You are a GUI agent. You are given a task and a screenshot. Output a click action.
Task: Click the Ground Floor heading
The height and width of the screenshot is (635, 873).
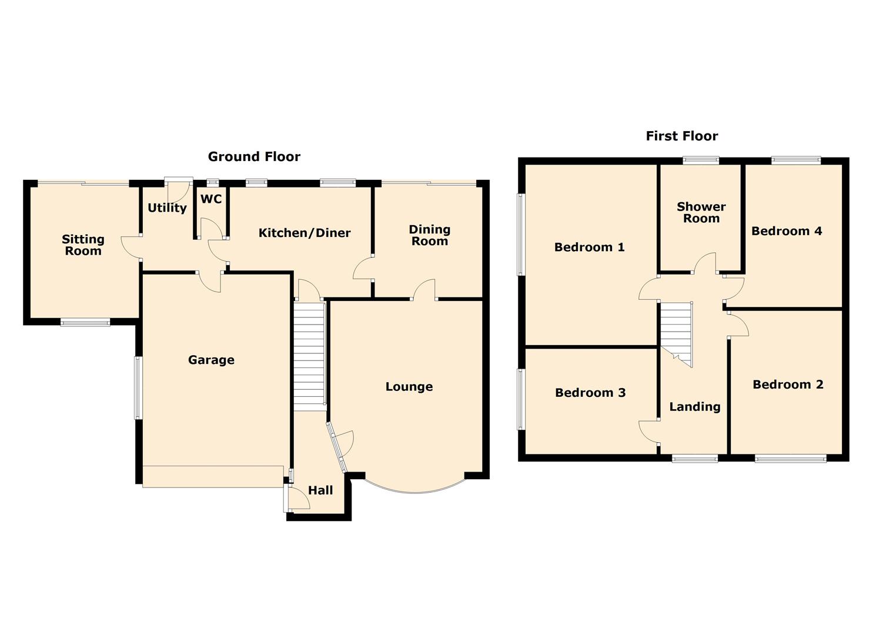pyautogui.click(x=254, y=157)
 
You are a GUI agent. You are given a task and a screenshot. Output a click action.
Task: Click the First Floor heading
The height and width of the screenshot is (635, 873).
pyautogui.click(x=681, y=136)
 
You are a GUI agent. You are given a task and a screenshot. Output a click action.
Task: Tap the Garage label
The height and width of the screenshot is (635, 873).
pyautogui.click(x=211, y=360)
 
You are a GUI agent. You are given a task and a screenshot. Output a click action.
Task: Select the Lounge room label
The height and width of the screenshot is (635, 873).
pyautogui.click(x=409, y=387)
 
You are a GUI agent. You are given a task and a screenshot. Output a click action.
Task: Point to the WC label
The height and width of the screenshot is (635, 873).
pyautogui.click(x=211, y=199)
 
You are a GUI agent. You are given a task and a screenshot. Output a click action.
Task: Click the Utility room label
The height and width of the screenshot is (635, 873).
pyautogui.click(x=167, y=208)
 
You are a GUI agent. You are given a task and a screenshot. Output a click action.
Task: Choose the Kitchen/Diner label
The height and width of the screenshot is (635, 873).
pyautogui.click(x=305, y=233)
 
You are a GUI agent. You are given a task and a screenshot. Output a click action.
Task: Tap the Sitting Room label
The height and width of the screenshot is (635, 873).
pyautogui.click(x=83, y=245)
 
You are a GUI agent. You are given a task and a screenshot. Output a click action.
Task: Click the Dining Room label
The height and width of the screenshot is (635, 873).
pyautogui.click(x=430, y=235)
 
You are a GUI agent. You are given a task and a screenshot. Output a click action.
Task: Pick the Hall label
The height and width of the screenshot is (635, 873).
pyautogui.click(x=320, y=490)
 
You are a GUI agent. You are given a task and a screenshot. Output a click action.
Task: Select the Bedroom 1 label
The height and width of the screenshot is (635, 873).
pyautogui.click(x=589, y=247)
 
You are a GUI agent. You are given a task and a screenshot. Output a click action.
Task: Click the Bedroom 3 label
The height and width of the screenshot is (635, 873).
pyautogui.click(x=590, y=393)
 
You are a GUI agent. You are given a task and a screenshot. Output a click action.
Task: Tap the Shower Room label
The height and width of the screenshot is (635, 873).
pyautogui.click(x=701, y=212)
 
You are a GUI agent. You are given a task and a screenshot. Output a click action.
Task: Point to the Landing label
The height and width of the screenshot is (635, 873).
pyautogui.click(x=694, y=407)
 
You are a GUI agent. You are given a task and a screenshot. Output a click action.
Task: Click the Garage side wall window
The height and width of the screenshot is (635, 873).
pyautogui.click(x=138, y=387)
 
